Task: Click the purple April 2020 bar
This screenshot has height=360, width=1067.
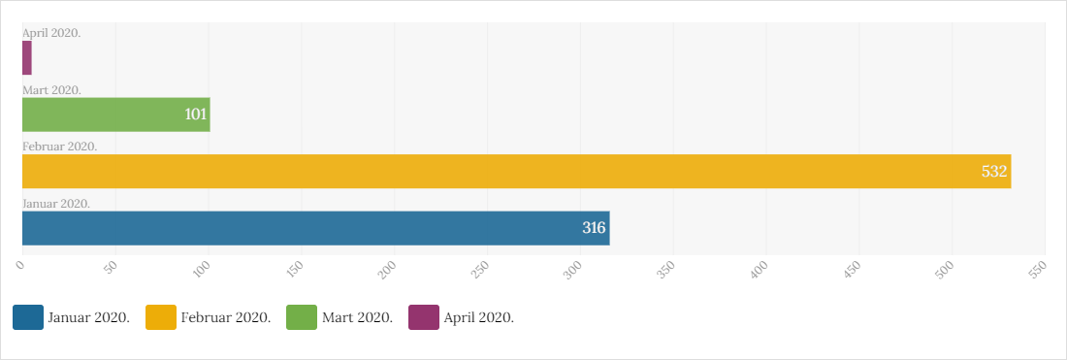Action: (26, 58)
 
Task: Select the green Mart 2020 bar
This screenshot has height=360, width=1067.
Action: (116, 115)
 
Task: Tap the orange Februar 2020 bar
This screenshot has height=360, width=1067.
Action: (516, 172)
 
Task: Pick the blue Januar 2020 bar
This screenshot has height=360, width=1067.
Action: (316, 228)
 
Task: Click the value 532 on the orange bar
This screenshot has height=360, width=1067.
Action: (993, 172)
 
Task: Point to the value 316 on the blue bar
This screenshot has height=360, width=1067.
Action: (594, 228)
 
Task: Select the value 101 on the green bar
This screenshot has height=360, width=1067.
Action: (195, 115)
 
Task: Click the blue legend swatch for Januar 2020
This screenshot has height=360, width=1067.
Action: (28, 317)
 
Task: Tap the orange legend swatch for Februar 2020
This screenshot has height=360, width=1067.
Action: (161, 317)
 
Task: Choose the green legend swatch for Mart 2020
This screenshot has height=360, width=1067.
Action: (302, 317)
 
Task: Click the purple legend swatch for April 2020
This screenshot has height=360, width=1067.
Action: (424, 317)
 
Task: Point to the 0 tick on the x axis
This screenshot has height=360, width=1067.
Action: (19, 267)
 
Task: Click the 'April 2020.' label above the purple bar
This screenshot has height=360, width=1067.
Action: (51, 33)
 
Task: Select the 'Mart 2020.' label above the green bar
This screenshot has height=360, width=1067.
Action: (51, 90)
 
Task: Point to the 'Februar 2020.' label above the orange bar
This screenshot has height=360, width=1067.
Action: (60, 147)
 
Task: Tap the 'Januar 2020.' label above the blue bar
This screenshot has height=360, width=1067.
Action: (56, 204)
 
